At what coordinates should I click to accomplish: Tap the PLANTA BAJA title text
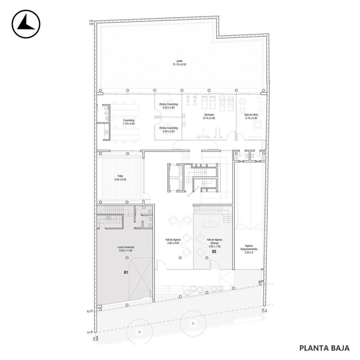[324, 348]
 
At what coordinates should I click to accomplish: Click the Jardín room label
[179, 61]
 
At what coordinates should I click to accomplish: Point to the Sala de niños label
[251, 115]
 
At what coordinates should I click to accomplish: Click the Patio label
[120, 176]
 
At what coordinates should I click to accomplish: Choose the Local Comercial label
[126, 247]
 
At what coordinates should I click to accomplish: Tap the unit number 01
[126, 272]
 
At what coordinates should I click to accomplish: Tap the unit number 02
[214, 252]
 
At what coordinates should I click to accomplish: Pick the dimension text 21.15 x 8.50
[179, 65]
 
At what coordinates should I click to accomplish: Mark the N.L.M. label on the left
[90, 311]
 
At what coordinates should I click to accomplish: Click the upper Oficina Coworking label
[168, 104]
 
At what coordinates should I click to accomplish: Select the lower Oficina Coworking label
[168, 128]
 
